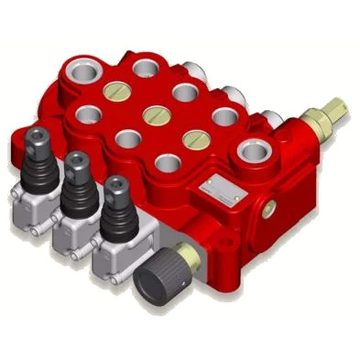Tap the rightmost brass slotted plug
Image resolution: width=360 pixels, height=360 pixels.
193,138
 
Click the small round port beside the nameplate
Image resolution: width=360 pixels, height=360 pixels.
267,210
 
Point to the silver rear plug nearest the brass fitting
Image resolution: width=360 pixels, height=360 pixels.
271,117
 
